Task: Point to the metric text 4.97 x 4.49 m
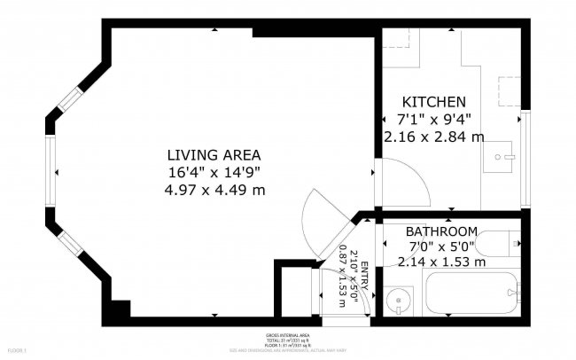pos(214,190)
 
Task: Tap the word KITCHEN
pos(434,102)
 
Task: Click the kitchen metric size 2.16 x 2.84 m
pos(434,137)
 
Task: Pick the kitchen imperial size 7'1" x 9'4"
pos(434,119)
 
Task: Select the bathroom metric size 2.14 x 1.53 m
pos(441,262)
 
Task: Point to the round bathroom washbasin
pos(399,301)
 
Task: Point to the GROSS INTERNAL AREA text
pos(287,337)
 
